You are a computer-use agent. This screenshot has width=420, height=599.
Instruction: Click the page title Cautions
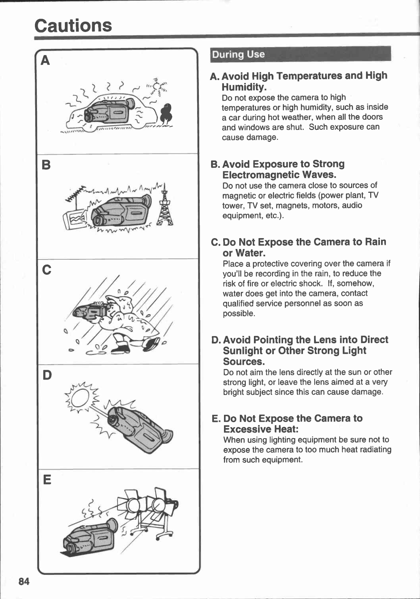[x=73, y=26]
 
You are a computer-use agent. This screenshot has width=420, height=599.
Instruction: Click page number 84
[x=24, y=581]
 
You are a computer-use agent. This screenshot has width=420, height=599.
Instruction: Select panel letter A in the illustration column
[x=45, y=61]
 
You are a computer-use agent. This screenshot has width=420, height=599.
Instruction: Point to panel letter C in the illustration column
[x=47, y=270]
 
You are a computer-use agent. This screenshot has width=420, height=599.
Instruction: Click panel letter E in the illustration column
[x=47, y=480]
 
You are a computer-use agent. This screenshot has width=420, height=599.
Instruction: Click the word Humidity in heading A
[x=244, y=87]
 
